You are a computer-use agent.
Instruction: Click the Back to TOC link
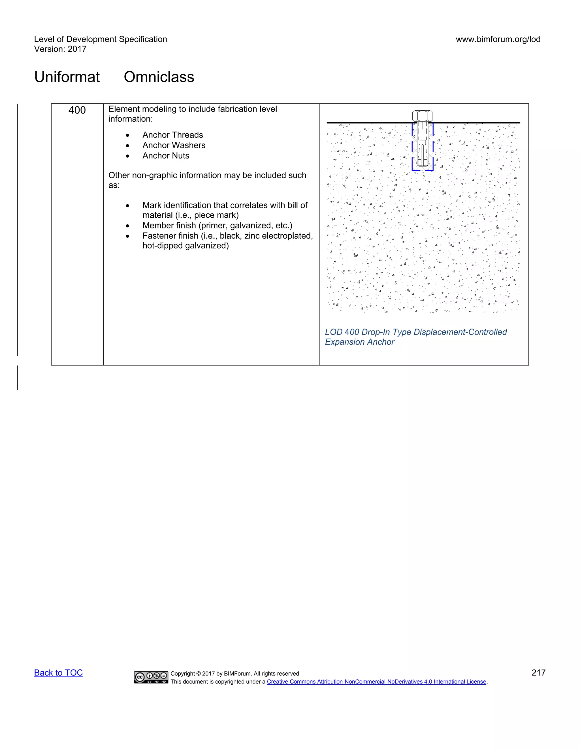58,673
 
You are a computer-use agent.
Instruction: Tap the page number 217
538,673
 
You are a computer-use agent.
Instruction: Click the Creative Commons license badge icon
151,677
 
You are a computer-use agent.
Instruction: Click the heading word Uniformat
67,77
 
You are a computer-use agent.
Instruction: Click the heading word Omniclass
159,77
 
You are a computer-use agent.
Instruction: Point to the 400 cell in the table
77,110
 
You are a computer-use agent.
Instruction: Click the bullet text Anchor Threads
172,135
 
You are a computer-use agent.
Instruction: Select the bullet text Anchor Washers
174,145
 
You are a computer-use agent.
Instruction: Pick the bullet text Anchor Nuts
166,156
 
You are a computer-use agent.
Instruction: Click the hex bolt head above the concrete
422,116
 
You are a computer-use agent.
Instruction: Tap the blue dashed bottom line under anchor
422,170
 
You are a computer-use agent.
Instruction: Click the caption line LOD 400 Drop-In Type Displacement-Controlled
416,332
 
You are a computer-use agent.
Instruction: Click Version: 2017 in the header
60,49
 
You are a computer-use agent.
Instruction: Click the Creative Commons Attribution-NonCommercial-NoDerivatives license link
376,682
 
